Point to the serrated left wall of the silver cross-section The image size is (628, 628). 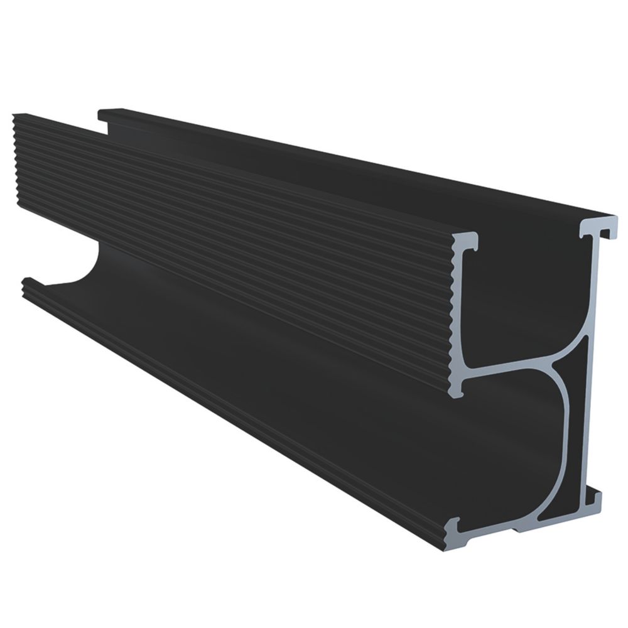(x=457, y=314)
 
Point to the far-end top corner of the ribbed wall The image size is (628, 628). (x=15, y=116)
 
